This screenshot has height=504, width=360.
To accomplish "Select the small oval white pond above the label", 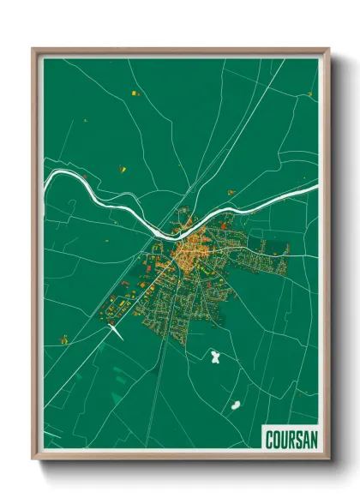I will (234, 404).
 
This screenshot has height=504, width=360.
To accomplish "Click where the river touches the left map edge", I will (45, 182).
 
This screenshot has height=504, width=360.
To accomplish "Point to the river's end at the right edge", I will (316, 182).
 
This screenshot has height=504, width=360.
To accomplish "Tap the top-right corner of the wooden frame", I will (327, 49).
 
